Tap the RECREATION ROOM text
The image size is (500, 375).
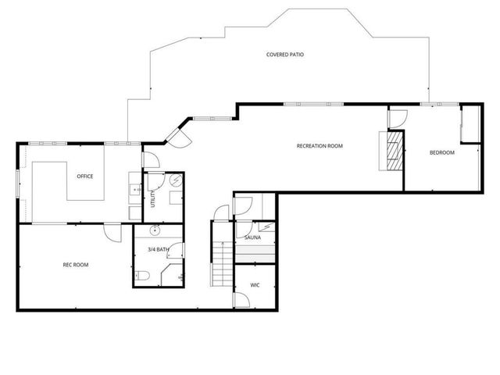tap(319, 146)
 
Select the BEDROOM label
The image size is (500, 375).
tap(441, 152)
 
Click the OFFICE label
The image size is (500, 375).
tap(84, 176)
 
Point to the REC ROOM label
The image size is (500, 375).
tap(76, 265)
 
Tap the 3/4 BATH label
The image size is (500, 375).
tap(157, 249)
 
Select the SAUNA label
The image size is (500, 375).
tap(252, 237)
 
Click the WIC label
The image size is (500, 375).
tap(255, 285)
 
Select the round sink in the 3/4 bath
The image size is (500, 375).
tap(155, 230)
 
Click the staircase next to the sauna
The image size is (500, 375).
tap(221, 254)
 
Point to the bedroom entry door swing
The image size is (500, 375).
tap(397, 119)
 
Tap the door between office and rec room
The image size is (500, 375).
tap(113, 231)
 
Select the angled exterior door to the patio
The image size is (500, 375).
tap(176, 137)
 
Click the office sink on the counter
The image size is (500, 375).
tap(134, 190)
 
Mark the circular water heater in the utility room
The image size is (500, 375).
tap(175, 181)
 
